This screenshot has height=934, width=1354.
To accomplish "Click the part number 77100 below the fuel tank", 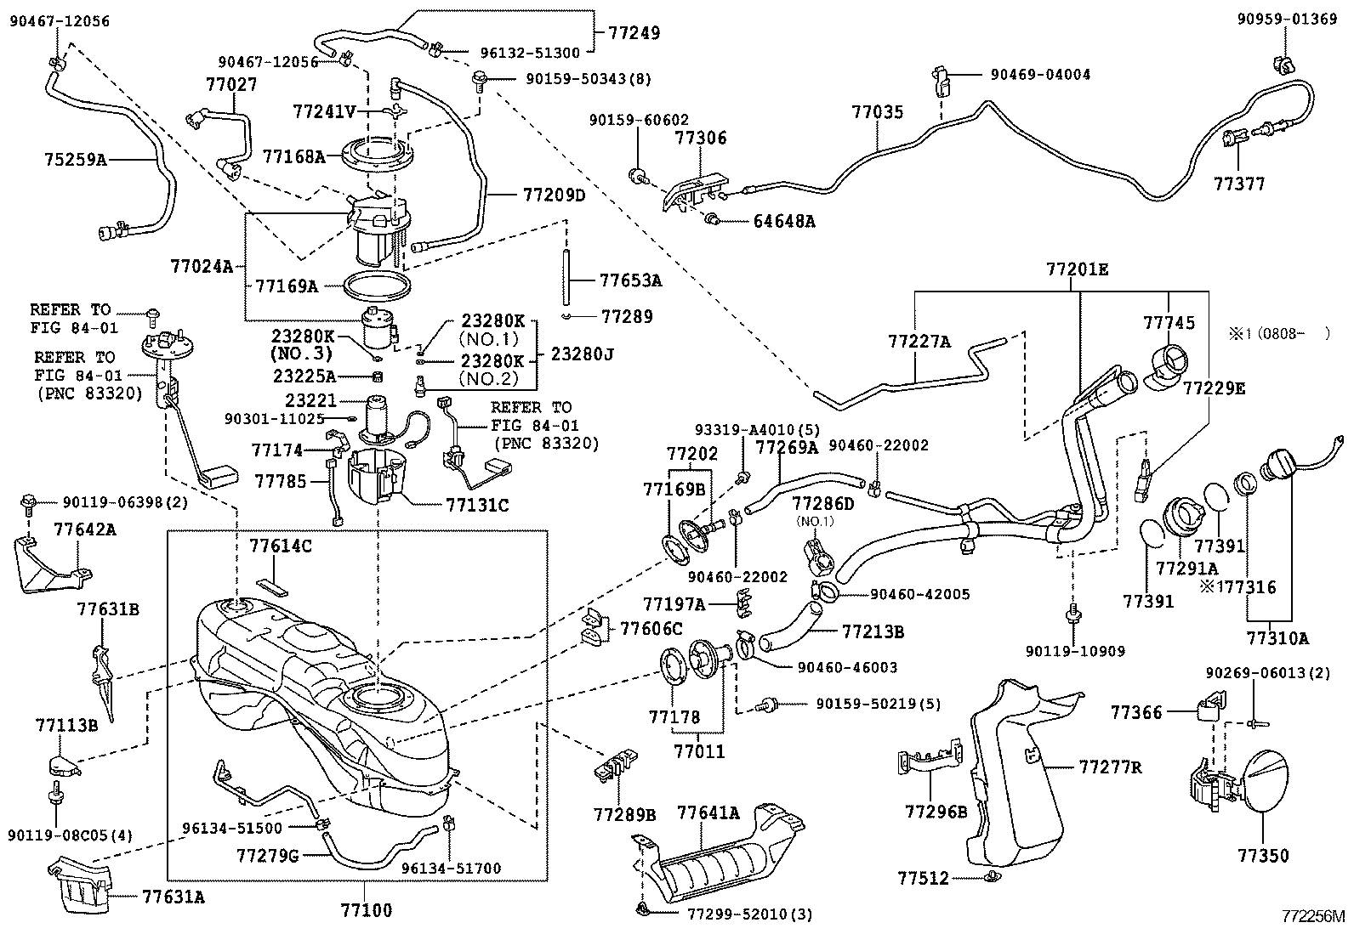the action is [x=367, y=909].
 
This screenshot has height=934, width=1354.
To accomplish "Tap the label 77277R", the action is [x=1111, y=767].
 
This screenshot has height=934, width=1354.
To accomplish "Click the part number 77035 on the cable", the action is [x=878, y=112].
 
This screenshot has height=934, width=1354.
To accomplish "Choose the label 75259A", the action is [x=75, y=160].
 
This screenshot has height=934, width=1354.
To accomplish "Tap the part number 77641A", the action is [x=708, y=812].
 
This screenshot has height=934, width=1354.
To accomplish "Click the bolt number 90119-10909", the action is [x=1075, y=651].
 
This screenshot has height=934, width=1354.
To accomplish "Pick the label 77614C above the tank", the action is [x=281, y=546].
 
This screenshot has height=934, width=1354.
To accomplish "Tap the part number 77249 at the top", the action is [x=634, y=32].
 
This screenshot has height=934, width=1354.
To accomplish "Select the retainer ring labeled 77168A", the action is [x=378, y=155].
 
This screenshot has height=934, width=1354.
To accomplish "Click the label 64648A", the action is [x=784, y=221].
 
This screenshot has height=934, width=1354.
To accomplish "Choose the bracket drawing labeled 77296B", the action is [x=930, y=761].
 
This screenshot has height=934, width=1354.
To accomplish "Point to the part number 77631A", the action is [x=174, y=897].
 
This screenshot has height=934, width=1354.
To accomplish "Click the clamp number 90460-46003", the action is [x=847, y=667].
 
